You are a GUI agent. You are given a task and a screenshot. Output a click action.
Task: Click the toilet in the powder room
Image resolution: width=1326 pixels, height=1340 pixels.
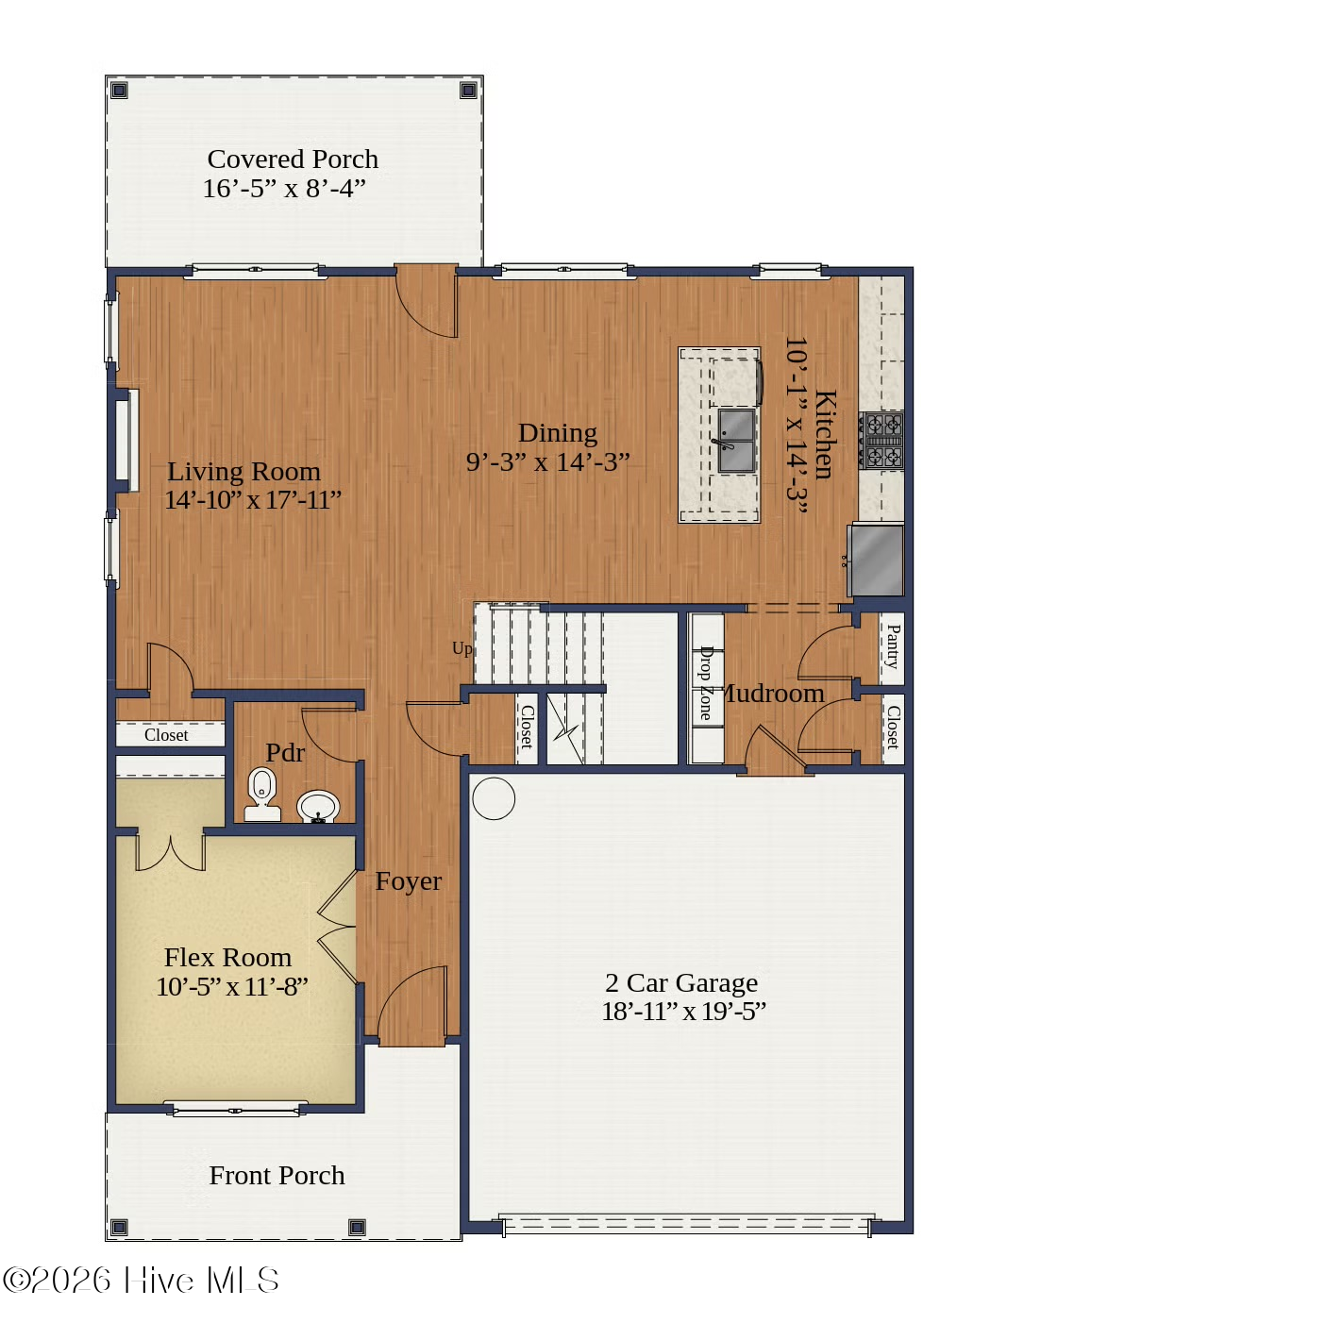coord(261,793)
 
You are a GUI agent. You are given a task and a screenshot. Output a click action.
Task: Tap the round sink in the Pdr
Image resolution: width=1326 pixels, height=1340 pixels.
coord(318,807)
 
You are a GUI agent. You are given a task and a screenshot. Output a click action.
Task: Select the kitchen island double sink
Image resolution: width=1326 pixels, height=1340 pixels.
coord(736,440)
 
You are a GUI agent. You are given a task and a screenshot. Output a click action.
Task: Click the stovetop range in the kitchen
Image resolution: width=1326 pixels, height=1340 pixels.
coord(882,440)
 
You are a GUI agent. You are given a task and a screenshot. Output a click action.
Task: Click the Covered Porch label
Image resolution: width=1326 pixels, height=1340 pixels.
coord(293,159)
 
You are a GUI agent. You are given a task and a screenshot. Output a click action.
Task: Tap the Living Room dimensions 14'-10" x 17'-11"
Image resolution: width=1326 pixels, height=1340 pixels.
coord(253,500)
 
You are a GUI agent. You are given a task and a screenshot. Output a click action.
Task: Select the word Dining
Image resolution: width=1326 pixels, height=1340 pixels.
coord(557,433)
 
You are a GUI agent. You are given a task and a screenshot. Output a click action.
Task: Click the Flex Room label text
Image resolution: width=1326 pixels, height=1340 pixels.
coord(227,957)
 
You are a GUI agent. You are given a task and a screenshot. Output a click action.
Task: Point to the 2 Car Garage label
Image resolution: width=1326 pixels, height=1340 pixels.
coord(681,981)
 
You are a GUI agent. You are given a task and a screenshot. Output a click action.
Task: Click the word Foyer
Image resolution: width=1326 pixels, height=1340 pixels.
coord(409,881)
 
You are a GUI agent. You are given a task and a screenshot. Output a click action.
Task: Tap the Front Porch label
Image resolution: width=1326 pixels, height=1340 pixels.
coord(277,1175)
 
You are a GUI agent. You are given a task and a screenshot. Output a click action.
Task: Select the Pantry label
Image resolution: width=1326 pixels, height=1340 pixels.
coord(893,646)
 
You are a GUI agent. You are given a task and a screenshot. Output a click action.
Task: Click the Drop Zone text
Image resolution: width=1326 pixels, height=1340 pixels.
coord(705,683)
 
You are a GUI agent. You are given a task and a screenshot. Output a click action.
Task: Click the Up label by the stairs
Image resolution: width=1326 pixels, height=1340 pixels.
coord(462,649)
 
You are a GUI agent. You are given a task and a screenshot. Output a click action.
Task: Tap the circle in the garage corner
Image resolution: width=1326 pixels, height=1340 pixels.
coord(494,798)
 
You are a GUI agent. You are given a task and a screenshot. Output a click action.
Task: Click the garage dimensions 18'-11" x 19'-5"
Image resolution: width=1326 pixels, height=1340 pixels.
coord(683,1011)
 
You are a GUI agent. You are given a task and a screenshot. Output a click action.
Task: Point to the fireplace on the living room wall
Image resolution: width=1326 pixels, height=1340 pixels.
coord(126,441)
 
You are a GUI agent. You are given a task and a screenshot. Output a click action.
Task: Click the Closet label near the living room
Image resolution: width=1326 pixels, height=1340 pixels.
coord(166,735)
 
